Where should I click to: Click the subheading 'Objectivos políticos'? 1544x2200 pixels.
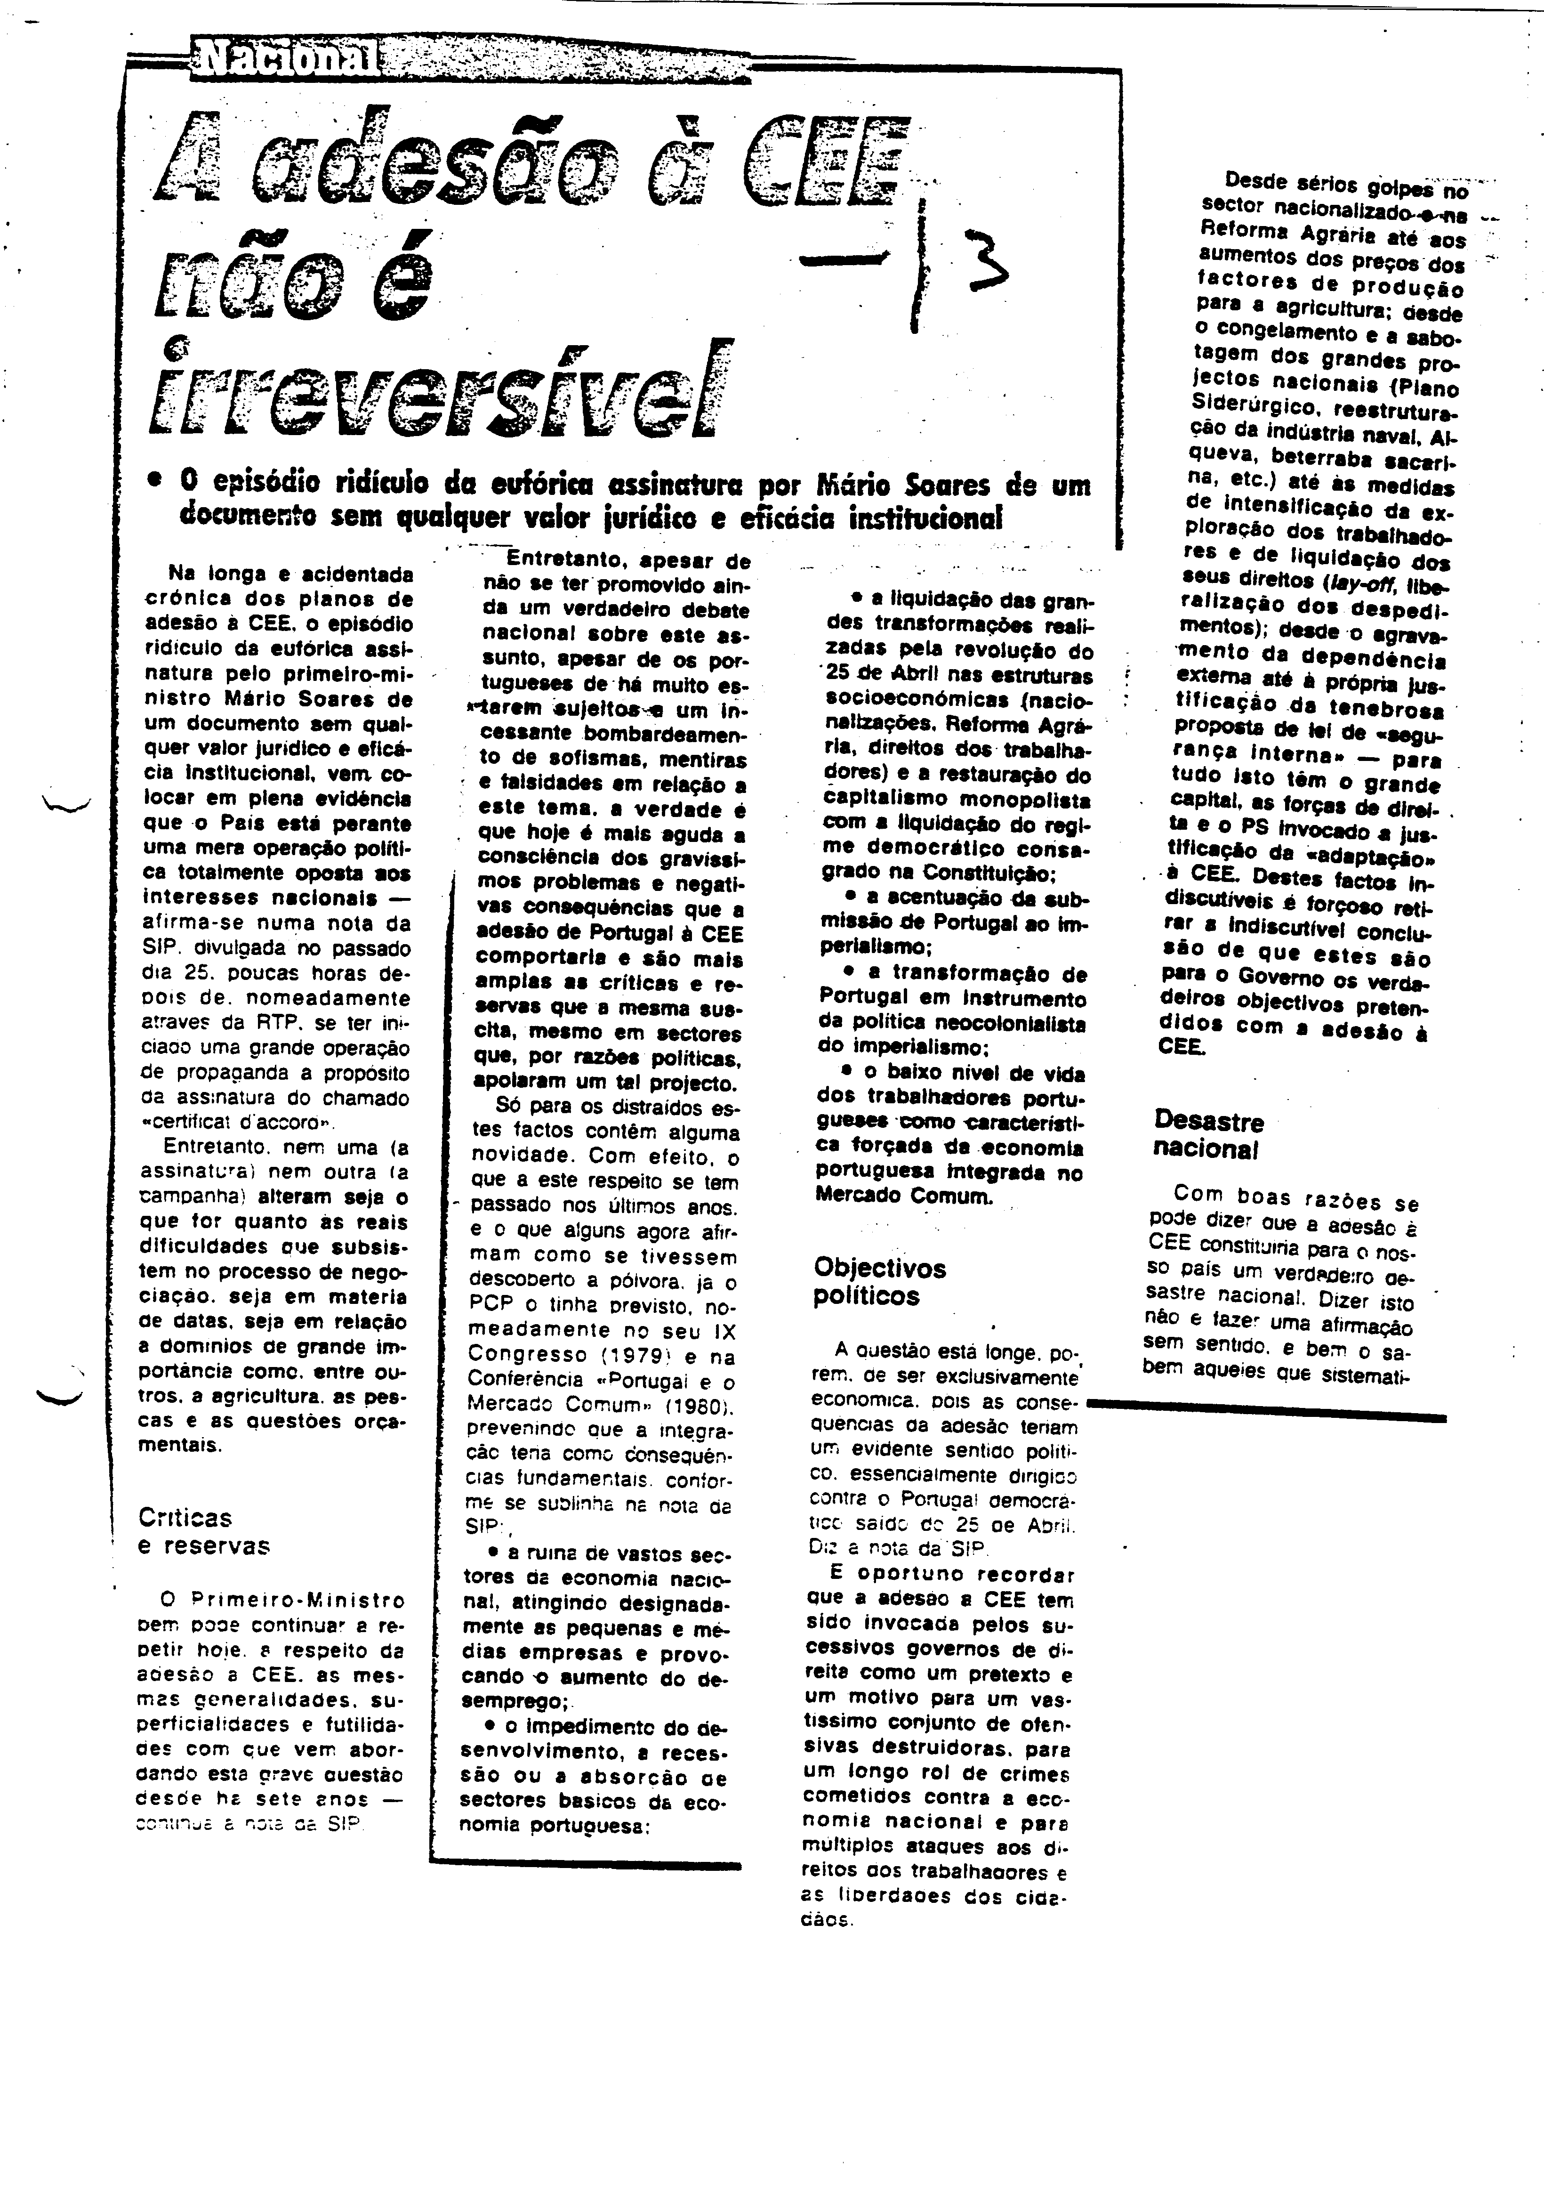click(x=879, y=1282)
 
